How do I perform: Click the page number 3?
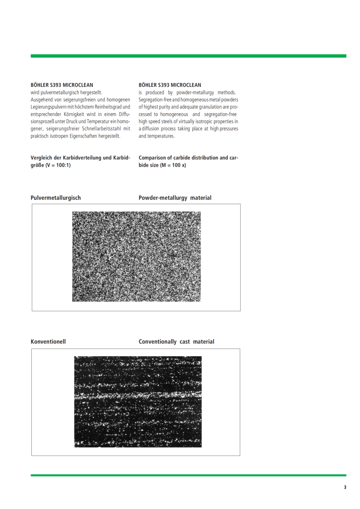click(345, 487)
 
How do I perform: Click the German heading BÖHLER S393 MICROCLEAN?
click(62, 85)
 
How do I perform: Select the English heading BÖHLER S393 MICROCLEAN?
click(170, 85)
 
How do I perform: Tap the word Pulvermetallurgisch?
click(56, 198)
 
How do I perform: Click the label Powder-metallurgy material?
click(175, 198)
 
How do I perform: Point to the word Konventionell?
click(48, 342)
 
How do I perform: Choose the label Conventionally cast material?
click(176, 342)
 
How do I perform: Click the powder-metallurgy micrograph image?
click(136, 256)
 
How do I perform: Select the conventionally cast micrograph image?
click(138, 402)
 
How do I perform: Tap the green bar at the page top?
click(188, 56)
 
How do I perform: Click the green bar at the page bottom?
click(188, 475)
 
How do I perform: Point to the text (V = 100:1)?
click(58, 165)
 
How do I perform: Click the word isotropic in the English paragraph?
click(202, 121)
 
